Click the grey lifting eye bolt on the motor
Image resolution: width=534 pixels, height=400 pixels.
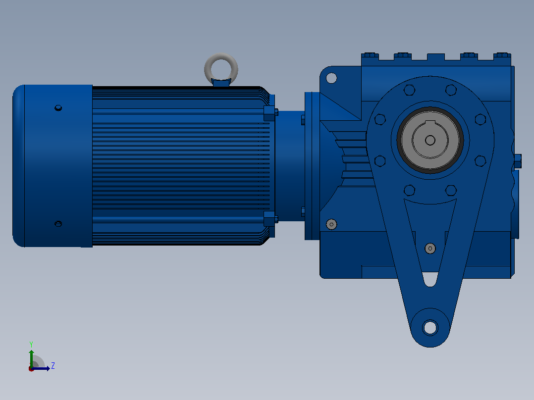click(221, 61)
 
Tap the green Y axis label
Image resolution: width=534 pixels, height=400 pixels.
click(31, 344)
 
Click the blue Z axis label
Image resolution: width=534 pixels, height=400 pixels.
click(53, 366)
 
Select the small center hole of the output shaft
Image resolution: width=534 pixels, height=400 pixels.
click(430, 140)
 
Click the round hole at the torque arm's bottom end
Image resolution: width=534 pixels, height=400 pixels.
click(430, 328)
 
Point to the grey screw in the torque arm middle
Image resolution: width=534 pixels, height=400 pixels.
click(430, 249)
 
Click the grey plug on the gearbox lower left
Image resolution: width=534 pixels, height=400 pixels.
click(331, 224)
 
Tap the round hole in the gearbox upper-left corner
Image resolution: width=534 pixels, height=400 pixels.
click(331, 78)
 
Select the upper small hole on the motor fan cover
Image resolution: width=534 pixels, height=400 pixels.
click(58, 108)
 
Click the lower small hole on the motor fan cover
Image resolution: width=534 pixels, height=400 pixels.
click(58, 224)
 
